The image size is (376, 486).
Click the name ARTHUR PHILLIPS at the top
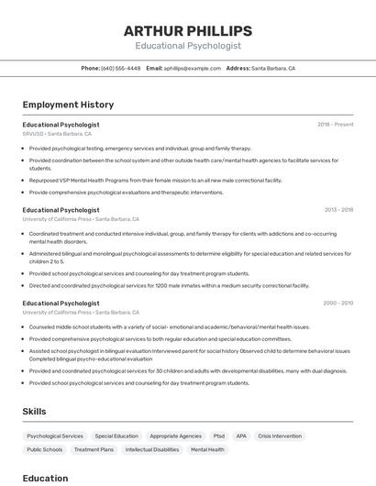pyautogui.click(x=187, y=31)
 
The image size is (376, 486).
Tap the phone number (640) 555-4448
pyautogui.click(x=120, y=68)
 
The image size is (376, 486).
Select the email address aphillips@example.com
pyautogui.click(x=193, y=68)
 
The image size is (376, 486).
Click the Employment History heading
pyautogui.click(x=68, y=105)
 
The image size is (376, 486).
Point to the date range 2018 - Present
pyautogui.click(x=335, y=124)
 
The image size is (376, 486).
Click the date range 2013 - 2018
pyautogui.click(x=338, y=210)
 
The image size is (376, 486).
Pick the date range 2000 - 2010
pyautogui.click(x=337, y=303)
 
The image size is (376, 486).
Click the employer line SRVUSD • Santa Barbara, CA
pyautogui.click(x=57, y=134)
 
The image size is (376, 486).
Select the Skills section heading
pyautogui.click(x=34, y=412)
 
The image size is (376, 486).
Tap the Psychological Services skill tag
pyautogui.click(x=55, y=436)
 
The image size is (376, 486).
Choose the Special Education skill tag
pyautogui.click(x=116, y=436)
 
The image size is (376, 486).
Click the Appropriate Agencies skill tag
pyautogui.click(x=175, y=436)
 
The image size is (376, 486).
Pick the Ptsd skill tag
pyautogui.click(x=218, y=436)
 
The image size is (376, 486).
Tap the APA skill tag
pyautogui.click(x=241, y=436)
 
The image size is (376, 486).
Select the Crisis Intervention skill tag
pyautogui.click(x=280, y=436)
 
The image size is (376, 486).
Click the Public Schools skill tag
pyautogui.click(x=45, y=450)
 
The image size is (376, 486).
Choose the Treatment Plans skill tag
pyautogui.click(x=94, y=450)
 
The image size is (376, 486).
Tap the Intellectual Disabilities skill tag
pyautogui.click(x=152, y=450)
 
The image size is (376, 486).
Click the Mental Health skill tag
pyautogui.click(x=207, y=450)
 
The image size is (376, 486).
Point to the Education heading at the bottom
pyautogui.click(x=45, y=478)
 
